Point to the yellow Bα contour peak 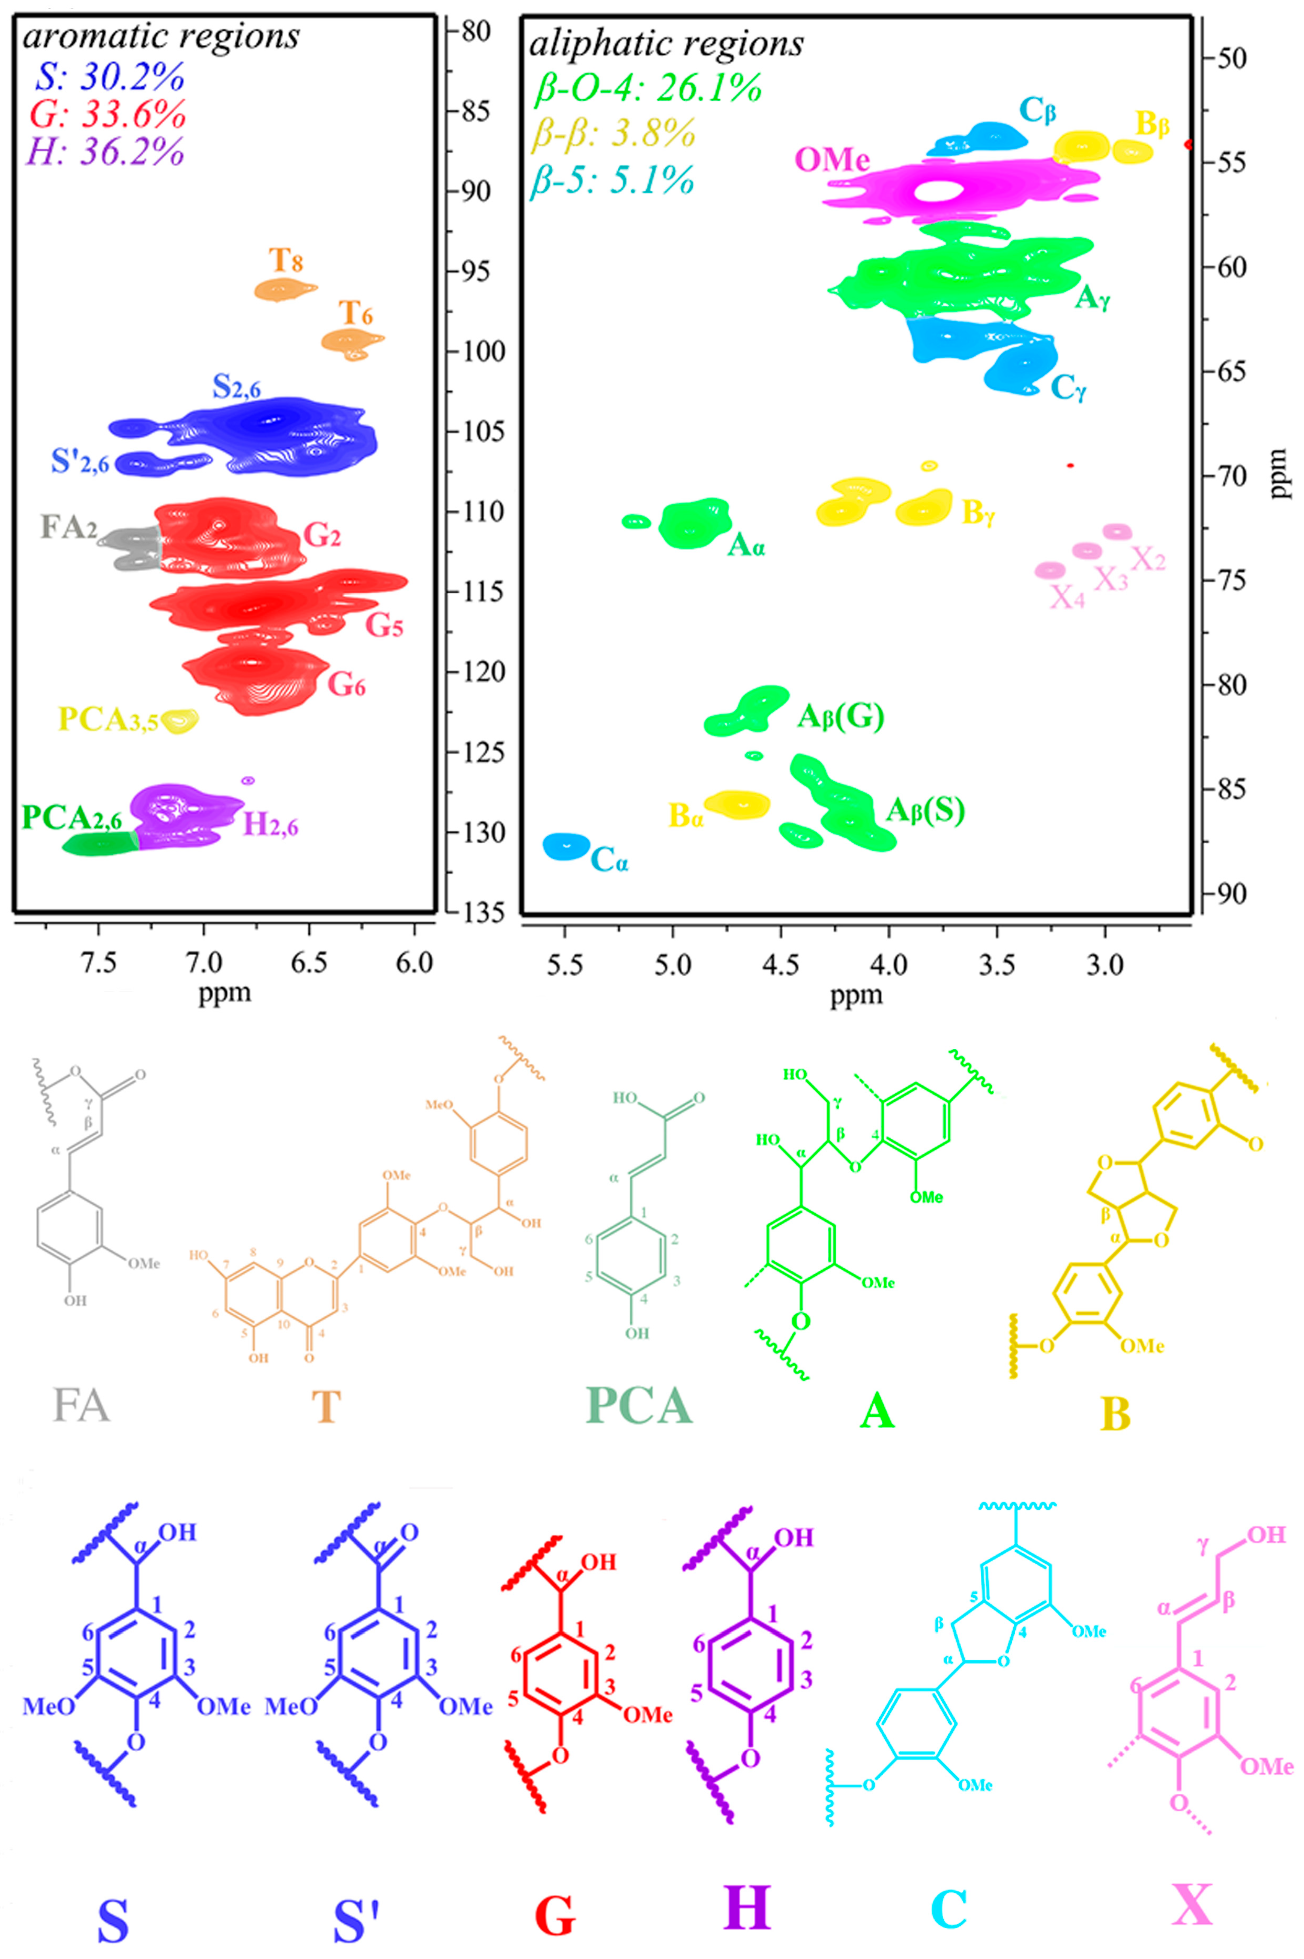click(738, 803)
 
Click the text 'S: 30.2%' click(109, 78)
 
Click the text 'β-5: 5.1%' click(612, 180)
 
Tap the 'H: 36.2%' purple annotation click(106, 151)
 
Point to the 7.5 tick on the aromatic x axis click(98, 962)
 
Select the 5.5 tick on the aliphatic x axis click(565, 965)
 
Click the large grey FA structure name click(81, 1406)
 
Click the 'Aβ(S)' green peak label click(925, 810)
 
